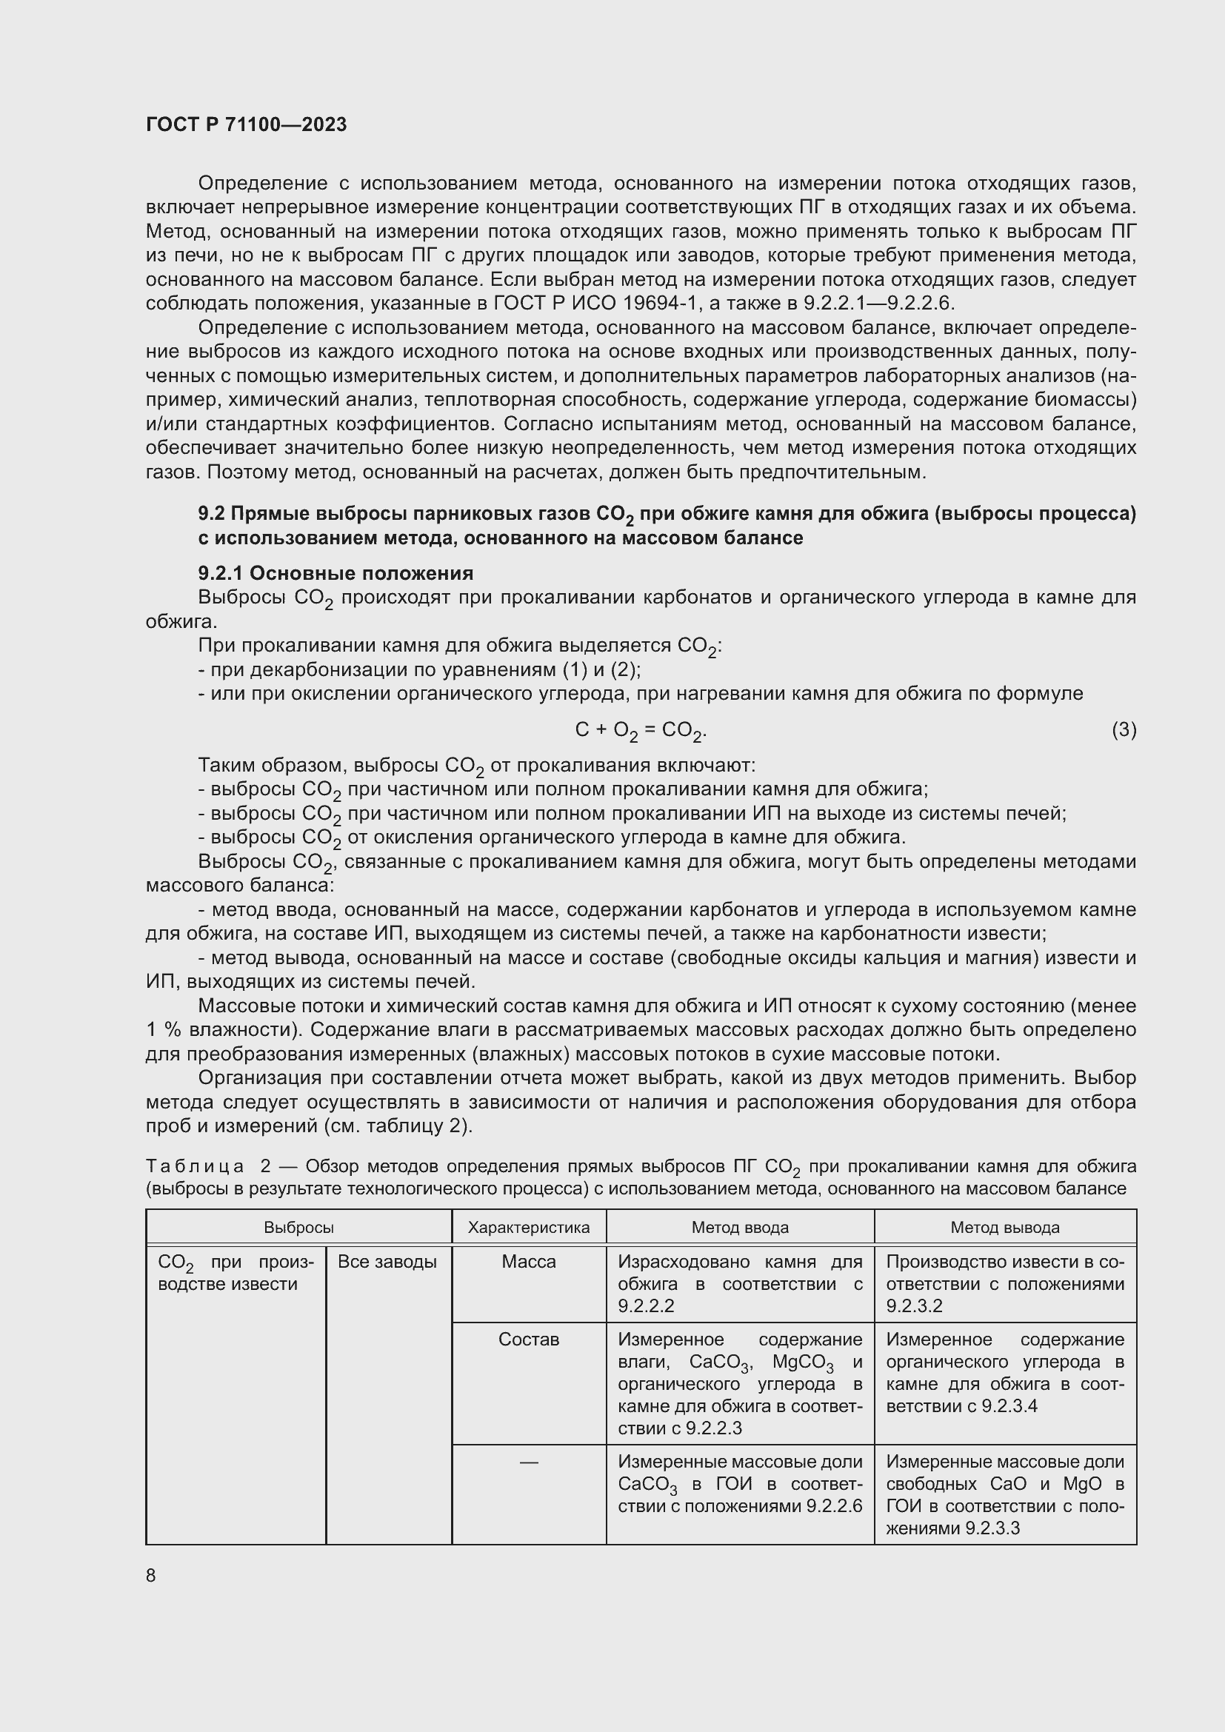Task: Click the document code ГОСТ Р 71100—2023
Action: click(246, 124)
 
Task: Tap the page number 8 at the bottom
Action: click(151, 1575)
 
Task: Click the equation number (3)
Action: click(1124, 729)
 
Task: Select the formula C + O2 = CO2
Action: click(641, 730)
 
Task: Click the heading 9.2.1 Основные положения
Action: click(336, 573)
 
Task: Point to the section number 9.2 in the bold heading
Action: click(211, 514)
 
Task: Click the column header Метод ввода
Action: click(739, 1227)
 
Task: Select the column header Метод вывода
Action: click(1004, 1227)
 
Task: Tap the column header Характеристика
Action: click(528, 1227)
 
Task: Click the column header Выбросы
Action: click(298, 1227)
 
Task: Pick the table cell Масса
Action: click(528, 1261)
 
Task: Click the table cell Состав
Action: click(528, 1339)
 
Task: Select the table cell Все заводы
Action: click(387, 1261)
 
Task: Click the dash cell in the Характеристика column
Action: click(528, 1462)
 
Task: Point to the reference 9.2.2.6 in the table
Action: click(833, 1505)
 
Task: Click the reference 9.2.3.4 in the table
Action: click(1009, 1405)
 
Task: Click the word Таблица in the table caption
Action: click(195, 1166)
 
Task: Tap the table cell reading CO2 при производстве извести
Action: click(236, 1272)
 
